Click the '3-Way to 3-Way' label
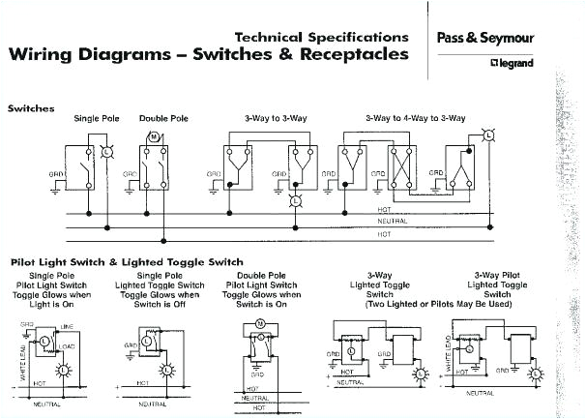[270, 118]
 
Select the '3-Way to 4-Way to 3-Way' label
[416, 118]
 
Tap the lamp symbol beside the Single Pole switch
[106, 153]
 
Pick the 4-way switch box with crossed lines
[400, 165]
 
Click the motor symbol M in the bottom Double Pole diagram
[260, 322]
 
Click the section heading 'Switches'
[32, 108]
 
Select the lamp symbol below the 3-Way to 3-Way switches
[296, 201]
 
